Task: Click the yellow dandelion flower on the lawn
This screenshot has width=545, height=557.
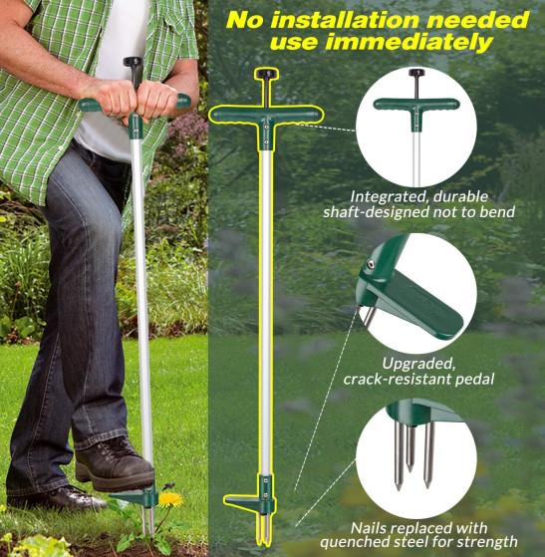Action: [x=170, y=499]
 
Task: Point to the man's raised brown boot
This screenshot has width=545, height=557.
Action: [x=115, y=463]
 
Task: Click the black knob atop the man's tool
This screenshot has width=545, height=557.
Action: [x=134, y=62]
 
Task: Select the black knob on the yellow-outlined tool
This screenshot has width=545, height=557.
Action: [x=266, y=74]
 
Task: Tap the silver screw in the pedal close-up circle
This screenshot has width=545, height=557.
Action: [x=370, y=263]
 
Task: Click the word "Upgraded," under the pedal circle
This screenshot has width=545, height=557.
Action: [x=418, y=364]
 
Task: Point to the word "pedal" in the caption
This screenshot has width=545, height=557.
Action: [x=474, y=380]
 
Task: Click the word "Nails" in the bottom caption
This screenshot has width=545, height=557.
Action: [x=369, y=528]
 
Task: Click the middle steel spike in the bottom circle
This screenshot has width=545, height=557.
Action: [x=410, y=448]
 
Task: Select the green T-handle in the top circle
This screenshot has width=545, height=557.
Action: [x=416, y=107]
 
